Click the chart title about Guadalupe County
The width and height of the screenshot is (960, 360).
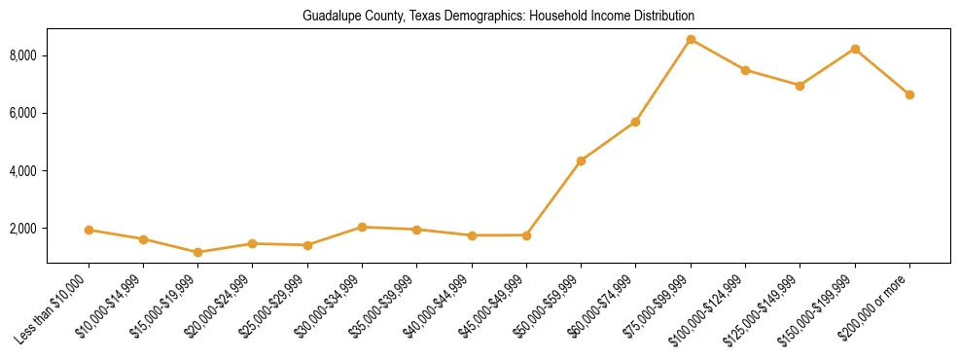(x=498, y=17)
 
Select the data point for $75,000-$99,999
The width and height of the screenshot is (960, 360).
(x=691, y=40)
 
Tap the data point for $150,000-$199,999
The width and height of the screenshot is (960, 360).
(x=855, y=49)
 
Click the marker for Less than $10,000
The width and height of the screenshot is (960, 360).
(x=89, y=230)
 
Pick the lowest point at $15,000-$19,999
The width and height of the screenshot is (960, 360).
(x=198, y=252)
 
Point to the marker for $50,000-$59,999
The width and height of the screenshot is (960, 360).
(x=581, y=161)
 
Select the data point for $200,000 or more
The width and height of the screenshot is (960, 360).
(x=909, y=94)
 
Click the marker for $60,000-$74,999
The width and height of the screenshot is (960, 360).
(x=635, y=122)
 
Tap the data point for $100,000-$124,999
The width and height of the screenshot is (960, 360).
(x=745, y=70)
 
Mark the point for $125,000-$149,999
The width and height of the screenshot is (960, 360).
(x=800, y=86)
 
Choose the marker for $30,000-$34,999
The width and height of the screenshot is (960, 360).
(x=362, y=227)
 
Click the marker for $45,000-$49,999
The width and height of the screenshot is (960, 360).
(x=526, y=234)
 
